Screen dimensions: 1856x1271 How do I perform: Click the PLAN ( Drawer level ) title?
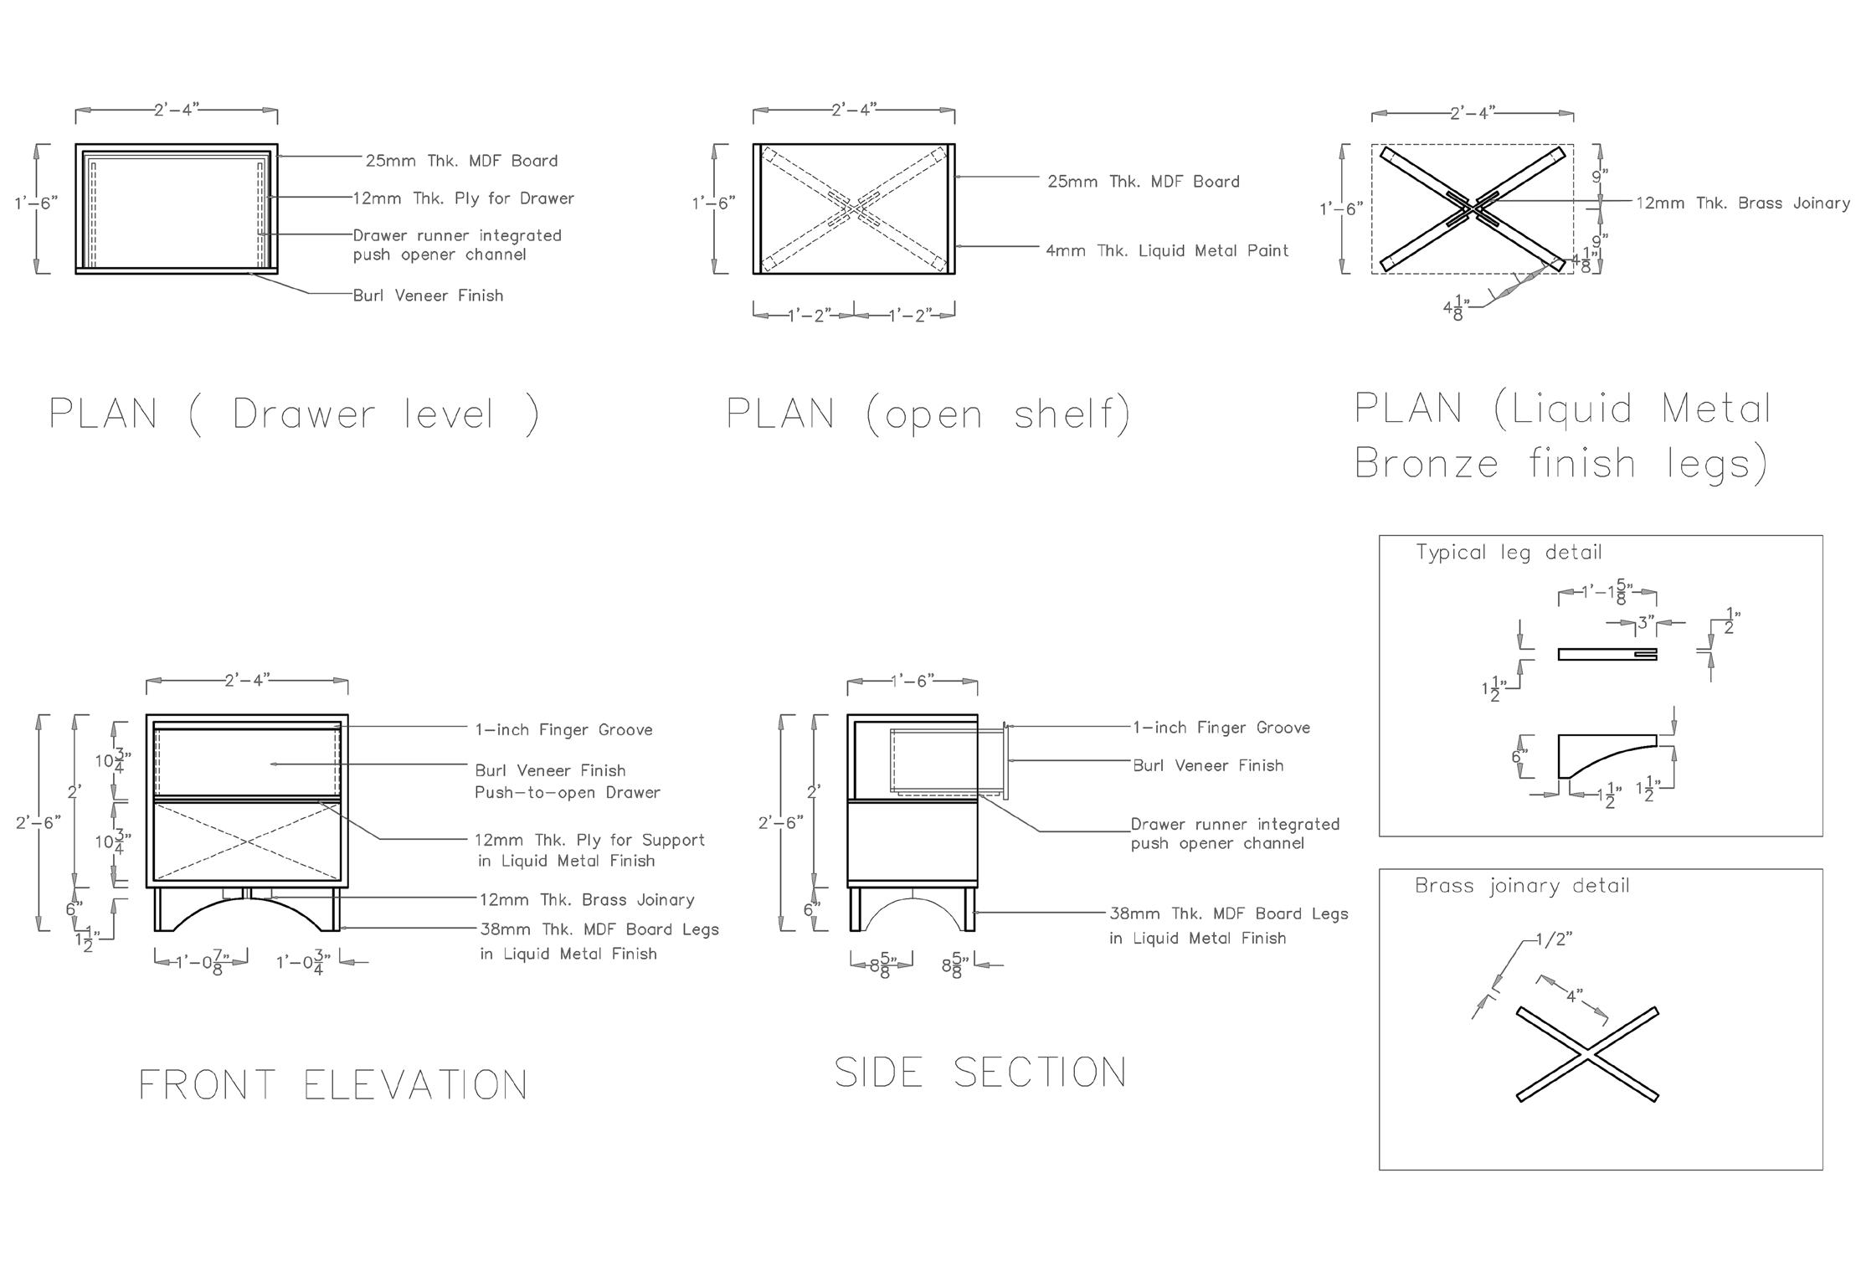pyautogui.click(x=294, y=414)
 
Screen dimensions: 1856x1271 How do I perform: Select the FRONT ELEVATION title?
pyautogui.click(x=332, y=1085)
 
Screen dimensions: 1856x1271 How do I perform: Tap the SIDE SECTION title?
pyautogui.click(x=980, y=1073)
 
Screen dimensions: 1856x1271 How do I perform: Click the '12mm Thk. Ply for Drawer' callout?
pyautogui.click(x=463, y=198)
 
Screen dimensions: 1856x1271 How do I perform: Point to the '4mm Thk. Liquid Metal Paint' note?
pyautogui.click(x=1167, y=250)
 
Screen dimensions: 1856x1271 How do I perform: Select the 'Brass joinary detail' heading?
pyautogui.click(x=1522, y=886)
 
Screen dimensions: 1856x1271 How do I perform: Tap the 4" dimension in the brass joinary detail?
pyautogui.click(x=1575, y=996)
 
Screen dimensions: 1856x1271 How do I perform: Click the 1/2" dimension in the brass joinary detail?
pyautogui.click(x=1554, y=939)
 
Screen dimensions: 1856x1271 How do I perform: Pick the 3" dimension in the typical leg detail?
pyautogui.click(x=1646, y=623)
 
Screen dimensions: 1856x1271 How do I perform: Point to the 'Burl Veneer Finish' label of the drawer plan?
pyautogui.click(x=428, y=296)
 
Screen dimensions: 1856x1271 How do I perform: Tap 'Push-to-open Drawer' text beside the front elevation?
pyautogui.click(x=568, y=792)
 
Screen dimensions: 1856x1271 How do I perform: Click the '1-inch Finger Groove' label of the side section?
pyautogui.click(x=1221, y=728)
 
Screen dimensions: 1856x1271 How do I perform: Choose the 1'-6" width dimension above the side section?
pyautogui.click(x=912, y=681)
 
